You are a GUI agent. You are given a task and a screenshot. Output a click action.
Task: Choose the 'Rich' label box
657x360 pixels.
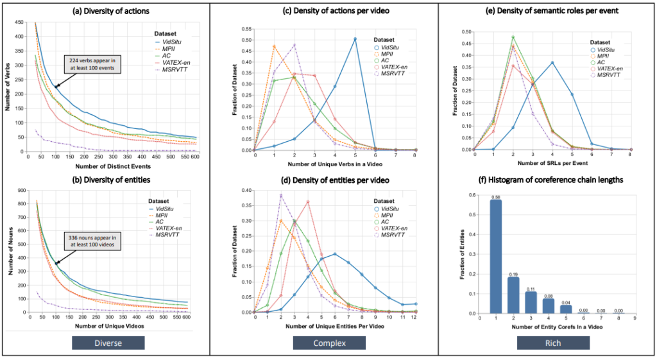pos(547,343)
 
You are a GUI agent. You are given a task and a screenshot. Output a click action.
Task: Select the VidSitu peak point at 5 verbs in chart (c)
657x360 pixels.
pos(355,39)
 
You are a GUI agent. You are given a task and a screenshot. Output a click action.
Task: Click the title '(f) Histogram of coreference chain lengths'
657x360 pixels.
pos(547,180)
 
